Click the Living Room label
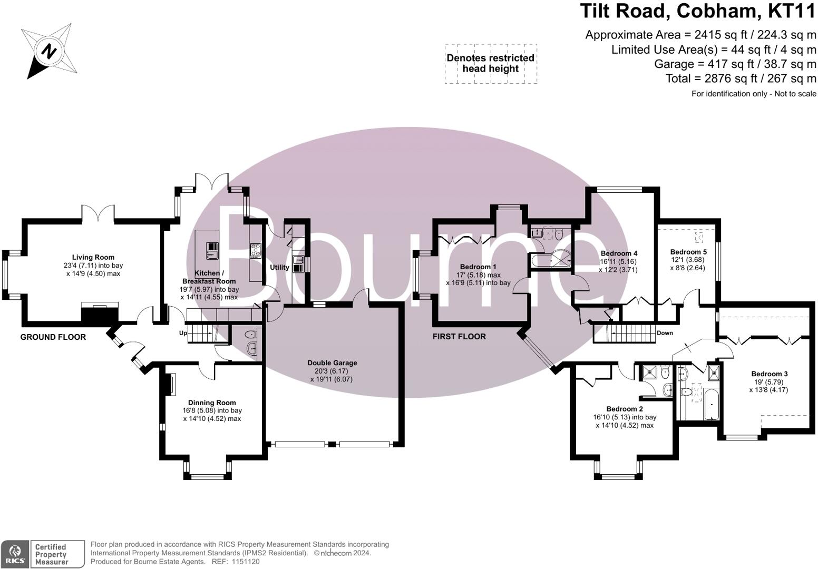(93, 258)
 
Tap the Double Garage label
(332, 363)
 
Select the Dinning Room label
(212, 403)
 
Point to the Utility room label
(279, 267)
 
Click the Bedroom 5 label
(688, 252)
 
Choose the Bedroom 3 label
(769, 374)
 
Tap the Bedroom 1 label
(478, 267)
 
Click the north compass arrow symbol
(49, 51)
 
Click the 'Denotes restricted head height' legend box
(491, 64)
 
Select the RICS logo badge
(15, 554)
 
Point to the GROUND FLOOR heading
(53, 337)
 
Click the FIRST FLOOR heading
(459, 337)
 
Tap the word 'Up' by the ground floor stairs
(183, 333)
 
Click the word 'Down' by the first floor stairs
(665, 333)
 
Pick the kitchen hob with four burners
(255, 250)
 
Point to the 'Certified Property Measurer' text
(52, 554)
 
